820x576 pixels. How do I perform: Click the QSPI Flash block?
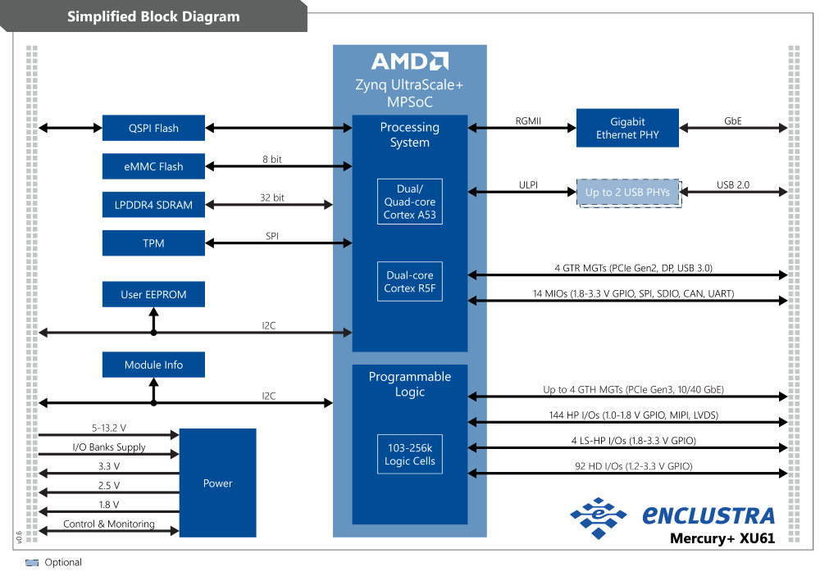point(153,128)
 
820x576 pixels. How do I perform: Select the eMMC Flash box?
point(153,166)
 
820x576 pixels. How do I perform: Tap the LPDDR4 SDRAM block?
point(153,205)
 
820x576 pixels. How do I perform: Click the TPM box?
point(153,243)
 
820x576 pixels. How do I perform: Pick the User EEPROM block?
point(153,294)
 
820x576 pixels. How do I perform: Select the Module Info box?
point(153,365)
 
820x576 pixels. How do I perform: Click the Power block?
point(217,483)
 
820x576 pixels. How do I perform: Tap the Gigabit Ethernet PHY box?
point(627,128)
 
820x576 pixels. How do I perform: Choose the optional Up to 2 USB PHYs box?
point(627,193)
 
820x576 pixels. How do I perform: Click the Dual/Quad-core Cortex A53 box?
point(409,202)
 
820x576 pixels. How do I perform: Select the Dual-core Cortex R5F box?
point(409,281)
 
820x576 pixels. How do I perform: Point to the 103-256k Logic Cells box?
point(409,454)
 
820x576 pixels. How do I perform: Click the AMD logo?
point(409,61)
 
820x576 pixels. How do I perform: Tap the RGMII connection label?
point(528,120)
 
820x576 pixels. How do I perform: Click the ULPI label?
point(528,185)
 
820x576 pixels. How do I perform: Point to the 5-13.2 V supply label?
point(109,428)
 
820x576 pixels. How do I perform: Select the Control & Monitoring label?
point(109,524)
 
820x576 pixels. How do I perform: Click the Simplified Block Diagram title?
point(153,16)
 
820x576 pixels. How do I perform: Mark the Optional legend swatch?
point(32,563)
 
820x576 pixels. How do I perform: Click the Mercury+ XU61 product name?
point(722,538)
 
